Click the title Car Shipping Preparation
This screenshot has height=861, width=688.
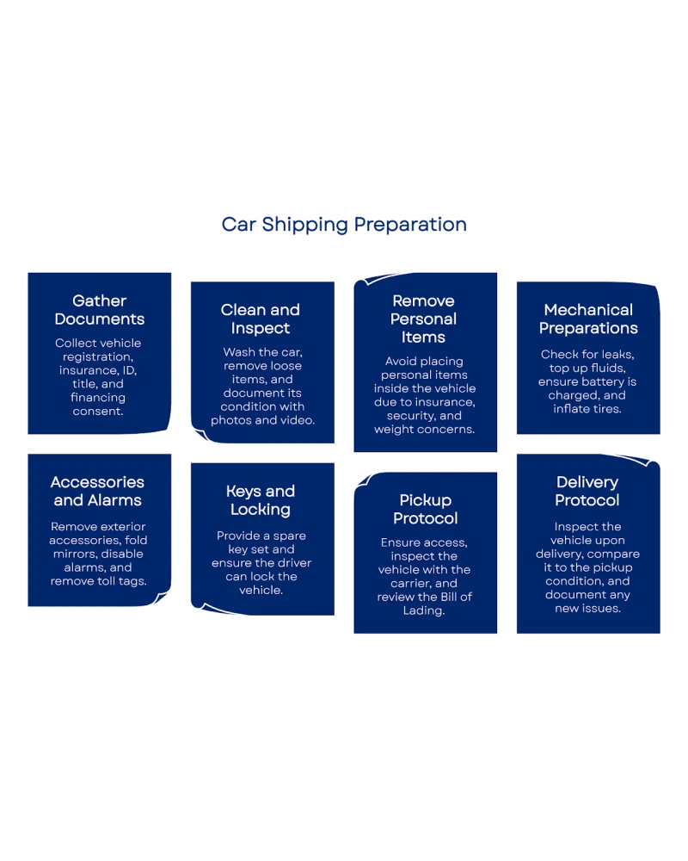[x=344, y=225]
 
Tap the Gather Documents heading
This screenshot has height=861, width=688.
[x=99, y=310]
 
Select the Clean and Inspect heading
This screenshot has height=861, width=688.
[x=261, y=319]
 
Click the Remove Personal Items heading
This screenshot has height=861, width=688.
[x=424, y=319]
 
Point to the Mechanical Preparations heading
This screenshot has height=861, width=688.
[x=588, y=319]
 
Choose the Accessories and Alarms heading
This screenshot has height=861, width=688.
[x=97, y=491]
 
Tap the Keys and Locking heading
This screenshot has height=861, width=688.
[x=261, y=500]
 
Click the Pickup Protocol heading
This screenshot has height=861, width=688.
[x=425, y=509]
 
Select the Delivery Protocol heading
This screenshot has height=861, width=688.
[x=587, y=491]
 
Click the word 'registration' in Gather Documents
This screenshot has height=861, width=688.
[x=98, y=356]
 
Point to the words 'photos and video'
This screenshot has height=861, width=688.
[x=262, y=420]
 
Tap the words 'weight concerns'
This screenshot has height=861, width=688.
[x=425, y=429]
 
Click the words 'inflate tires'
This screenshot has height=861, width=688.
[x=587, y=409]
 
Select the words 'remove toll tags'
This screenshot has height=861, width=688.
[x=98, y=581]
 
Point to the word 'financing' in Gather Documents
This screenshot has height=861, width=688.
[x=98, y=398]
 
